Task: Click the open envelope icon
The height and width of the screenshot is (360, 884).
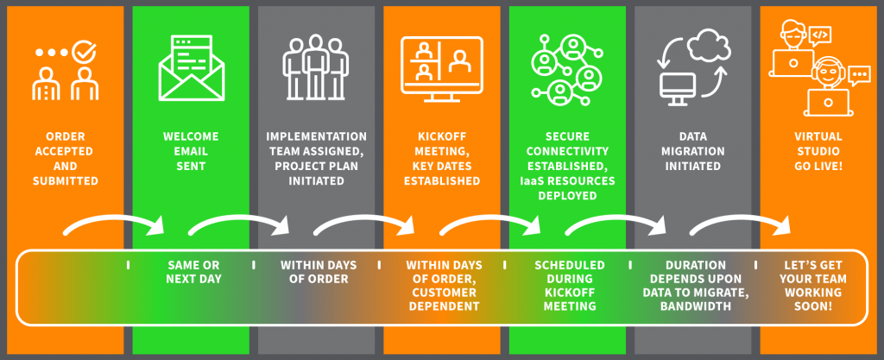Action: pos(192,68)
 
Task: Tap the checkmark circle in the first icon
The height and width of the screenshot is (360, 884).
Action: pos(85,52)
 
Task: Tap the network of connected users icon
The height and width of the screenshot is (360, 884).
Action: pos(567,70)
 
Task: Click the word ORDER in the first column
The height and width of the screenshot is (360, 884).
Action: pos(66,136)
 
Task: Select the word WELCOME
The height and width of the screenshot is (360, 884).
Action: pos(191,136)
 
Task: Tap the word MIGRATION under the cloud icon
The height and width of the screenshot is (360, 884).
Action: pos(693,151)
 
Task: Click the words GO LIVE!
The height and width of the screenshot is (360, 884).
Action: pos(818,167)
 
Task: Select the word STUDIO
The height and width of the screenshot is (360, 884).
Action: pos(818,151)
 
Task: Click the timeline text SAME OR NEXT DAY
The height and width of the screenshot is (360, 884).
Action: pos(193,272)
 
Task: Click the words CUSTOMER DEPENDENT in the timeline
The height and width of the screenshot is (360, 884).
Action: pos(445,300)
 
